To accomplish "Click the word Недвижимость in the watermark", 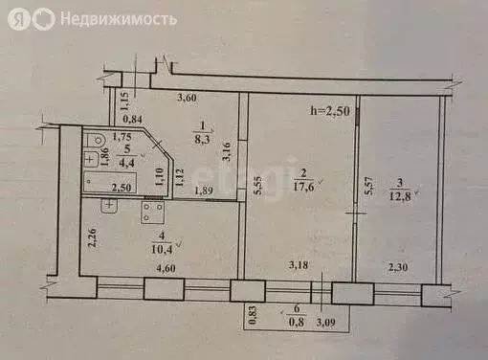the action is pos(118,19).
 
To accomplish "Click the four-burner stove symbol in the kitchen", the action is pos(153,211).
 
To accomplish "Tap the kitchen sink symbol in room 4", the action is pos(111,204).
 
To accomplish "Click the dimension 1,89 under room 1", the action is pos(203,191).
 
